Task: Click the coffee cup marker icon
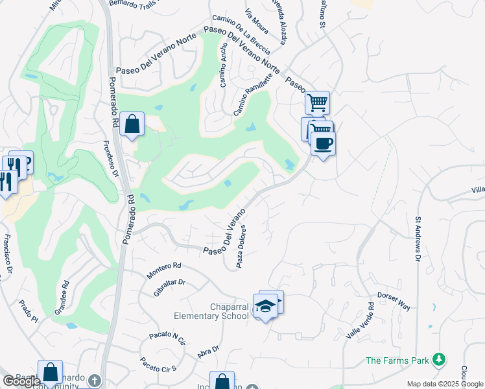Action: (x=323, y=143)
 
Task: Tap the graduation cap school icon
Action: (x=265, y=305)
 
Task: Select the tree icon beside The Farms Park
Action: (x=440, y=359)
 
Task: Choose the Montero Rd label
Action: (x=163, y=270)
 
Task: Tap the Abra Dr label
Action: (x=208, y=351)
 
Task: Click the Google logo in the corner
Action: (x=21, y=381)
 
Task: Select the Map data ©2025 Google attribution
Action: (x=445, y=384)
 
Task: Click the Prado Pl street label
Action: (x=29, y=311)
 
